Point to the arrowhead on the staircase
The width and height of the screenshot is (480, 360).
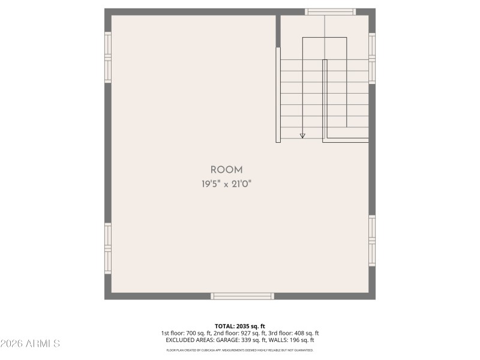[302, 136]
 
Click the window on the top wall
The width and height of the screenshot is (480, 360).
[330, 11]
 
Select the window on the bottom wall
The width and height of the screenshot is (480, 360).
[242, 296]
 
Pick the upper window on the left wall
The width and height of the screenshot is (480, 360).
[108, 57]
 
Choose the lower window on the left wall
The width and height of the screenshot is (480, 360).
[108, 248]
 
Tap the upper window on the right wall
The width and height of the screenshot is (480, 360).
[372, 58]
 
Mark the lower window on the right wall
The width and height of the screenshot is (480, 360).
[372, 241]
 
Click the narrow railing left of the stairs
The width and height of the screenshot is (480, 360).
[278, 95]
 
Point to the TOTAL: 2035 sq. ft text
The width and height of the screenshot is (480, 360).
[240, 326]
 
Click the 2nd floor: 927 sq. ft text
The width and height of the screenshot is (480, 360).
[239, 333]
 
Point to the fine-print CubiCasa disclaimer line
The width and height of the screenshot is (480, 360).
[240, 350]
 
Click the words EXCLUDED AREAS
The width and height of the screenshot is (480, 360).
[187, 340]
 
